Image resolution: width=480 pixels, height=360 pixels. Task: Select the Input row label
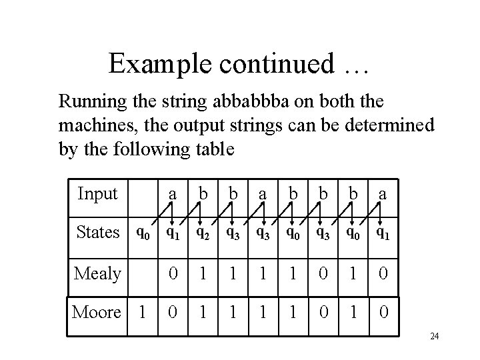click(x=97, y=193)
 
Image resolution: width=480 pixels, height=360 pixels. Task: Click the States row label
click(x=97, y=233)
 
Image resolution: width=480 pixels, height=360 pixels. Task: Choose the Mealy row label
click(x=97, y=273)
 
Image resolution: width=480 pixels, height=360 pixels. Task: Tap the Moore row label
click(x=96, y=311)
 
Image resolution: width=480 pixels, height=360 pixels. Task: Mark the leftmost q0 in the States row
click(x=142, y=233)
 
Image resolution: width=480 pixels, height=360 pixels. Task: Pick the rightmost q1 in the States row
click(x=383, y=233)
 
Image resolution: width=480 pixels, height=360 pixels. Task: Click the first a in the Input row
click(x=173, y=194)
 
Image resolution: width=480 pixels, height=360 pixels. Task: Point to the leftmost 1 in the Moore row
click(x=142, y=312)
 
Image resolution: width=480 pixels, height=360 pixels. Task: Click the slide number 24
click(x=434, y=337)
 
